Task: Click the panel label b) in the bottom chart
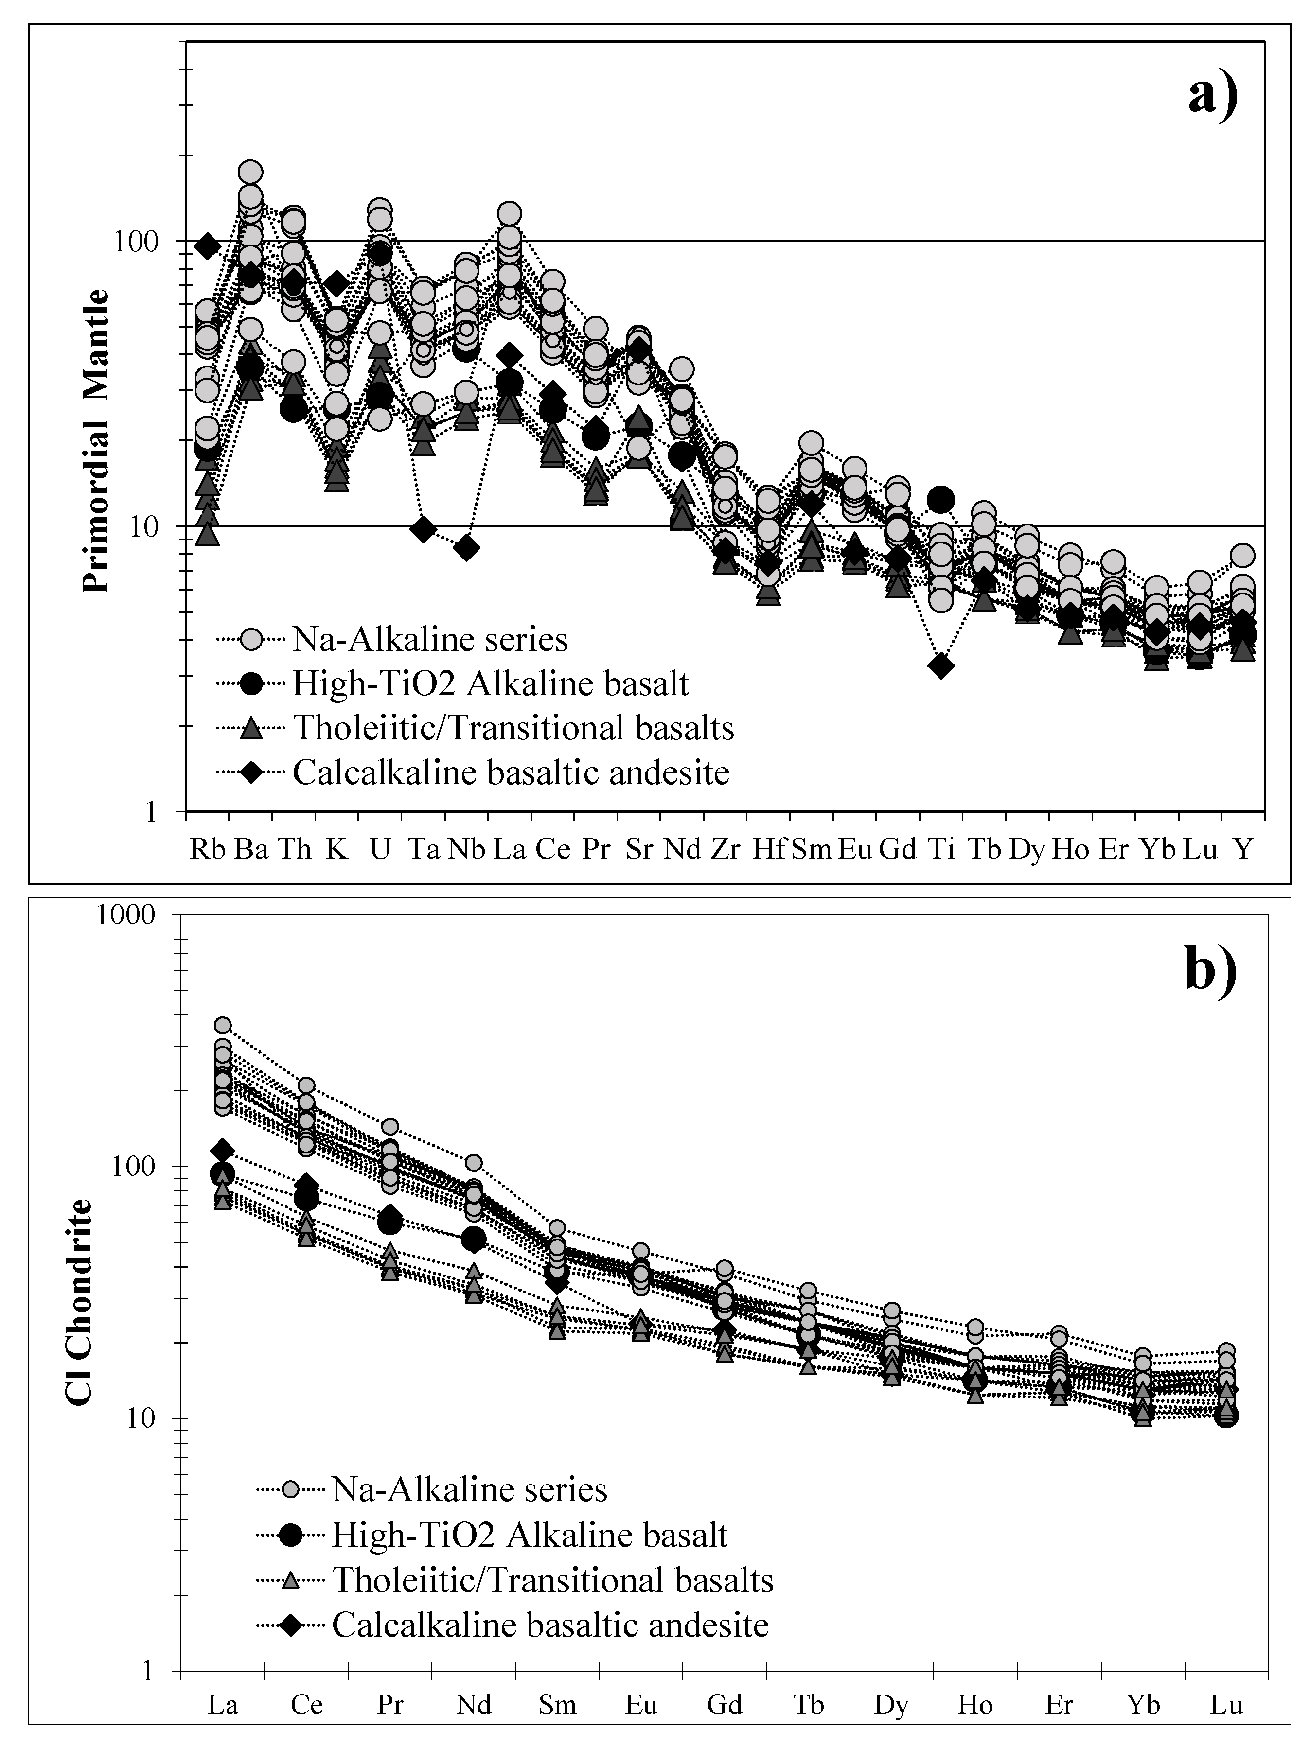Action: tap(1210, 971)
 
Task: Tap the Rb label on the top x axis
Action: tap(208, 849)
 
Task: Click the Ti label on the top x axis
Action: tap(940, 849)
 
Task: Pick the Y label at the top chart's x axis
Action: tap(1243, 849)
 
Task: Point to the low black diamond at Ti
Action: tap(940, 666)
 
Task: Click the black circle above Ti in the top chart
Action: tap(940, 499)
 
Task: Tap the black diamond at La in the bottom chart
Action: tap(223, 1150)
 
